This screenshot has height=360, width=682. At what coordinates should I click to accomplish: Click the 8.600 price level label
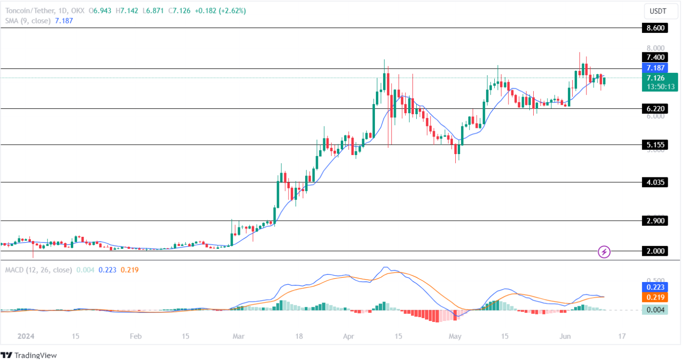tap(654, 28)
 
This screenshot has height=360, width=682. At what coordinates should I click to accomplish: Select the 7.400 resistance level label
tap(654, 57)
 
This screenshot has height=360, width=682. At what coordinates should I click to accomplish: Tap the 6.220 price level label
tap(654, 109)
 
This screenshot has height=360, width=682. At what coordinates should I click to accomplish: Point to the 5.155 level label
tap(654, 145)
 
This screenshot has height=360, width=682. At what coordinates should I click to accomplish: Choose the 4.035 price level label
tap(654, 182)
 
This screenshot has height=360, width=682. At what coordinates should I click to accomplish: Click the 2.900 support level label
tap(654, 221)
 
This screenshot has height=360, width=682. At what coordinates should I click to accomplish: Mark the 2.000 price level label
tap(654, 251)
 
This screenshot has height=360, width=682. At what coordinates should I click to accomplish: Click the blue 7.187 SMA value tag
tap(654, 68)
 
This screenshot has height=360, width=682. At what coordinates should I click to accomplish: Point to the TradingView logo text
tap(35, 355)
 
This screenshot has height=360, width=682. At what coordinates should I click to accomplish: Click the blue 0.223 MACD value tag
tap(654, 287)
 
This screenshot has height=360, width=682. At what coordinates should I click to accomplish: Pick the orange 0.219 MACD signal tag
tap(654, 297)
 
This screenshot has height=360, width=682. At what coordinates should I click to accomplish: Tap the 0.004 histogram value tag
tap(654, 310)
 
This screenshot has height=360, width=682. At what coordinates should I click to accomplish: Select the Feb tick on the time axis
tap(135, 336)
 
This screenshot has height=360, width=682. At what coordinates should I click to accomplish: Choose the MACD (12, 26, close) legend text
tap(38, 270)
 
